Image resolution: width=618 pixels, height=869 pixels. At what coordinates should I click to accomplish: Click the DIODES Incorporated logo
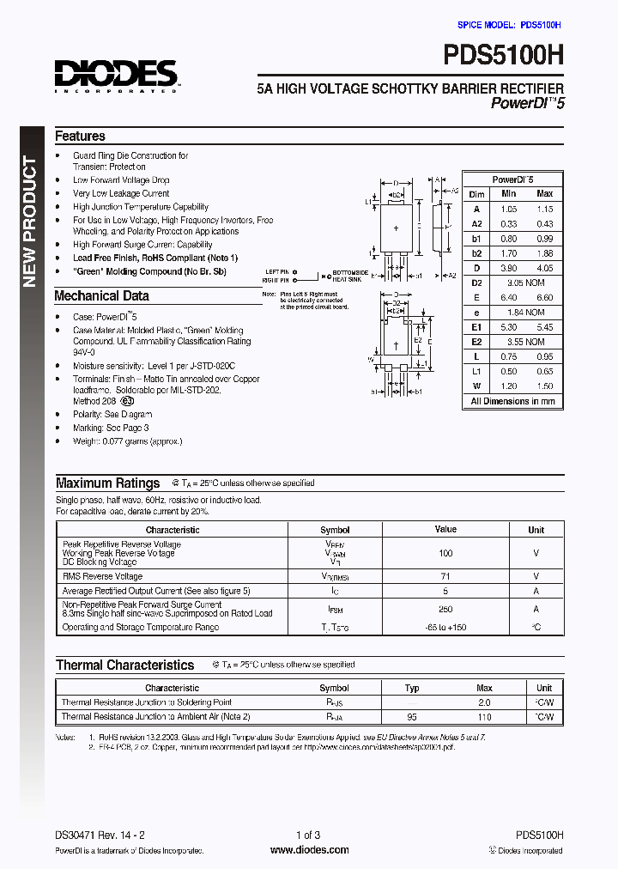click(x=116, y=76)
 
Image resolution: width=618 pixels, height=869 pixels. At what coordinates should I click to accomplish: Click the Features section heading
click(x=80, y=136)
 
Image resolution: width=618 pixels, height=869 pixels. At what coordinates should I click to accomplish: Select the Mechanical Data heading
click(x=101, y=296)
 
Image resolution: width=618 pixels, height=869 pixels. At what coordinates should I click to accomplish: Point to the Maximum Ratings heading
click(x=107, y=483)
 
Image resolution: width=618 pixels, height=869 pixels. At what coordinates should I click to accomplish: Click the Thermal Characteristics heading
click(x=124, y=665)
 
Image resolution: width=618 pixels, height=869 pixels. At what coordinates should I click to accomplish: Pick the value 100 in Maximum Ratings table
click(x=445, y=554)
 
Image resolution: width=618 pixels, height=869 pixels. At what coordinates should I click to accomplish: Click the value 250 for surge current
click(x=445, y=608)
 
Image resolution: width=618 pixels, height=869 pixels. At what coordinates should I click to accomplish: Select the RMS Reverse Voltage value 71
click(x=445, y=576)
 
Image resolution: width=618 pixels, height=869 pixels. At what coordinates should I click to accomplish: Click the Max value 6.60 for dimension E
click(x=544, y=297)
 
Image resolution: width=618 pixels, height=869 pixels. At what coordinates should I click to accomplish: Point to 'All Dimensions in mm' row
click(x=512, y=401)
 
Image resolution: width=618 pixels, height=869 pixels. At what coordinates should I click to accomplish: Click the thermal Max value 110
click(x=484, y=716)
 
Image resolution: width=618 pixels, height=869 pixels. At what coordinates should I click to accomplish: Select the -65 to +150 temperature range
click(x=445, y=628)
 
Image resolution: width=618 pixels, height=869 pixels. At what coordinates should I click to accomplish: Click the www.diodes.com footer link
click(x=309, y=850)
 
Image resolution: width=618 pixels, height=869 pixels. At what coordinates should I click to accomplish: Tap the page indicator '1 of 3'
click(x=307, y=835)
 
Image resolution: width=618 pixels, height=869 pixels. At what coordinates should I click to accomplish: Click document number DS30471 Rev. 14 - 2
click(x=101, y=835)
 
